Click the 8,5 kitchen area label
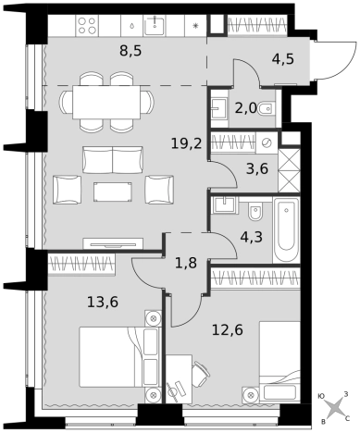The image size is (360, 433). tap(130, 51)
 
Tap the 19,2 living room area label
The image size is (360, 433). tap(186, 143)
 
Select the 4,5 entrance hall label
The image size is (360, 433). tap(283, 58)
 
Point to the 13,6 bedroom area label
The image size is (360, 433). tap(103, 302)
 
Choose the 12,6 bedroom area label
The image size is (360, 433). tap(228, 329)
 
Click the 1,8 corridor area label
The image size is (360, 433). tap(186, 264)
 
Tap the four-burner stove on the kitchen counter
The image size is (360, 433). tap(87, 25)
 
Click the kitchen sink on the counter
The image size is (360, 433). tap(155, 25)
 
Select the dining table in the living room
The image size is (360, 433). tap(106, 103)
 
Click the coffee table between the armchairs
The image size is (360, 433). tap(113, 192)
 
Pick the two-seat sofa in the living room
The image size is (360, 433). tap(113, 160)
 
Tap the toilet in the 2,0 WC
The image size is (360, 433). tap(266, 108)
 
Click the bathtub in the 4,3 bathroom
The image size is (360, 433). tap(286, 230)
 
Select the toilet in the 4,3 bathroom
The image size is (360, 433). tap(255, 210)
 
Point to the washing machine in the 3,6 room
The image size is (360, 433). tap(267, 142)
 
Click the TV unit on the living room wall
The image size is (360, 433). tap(113, 243)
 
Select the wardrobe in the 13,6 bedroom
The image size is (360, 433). tap(81, 264)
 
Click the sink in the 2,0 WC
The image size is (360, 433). tap(219, 108)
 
